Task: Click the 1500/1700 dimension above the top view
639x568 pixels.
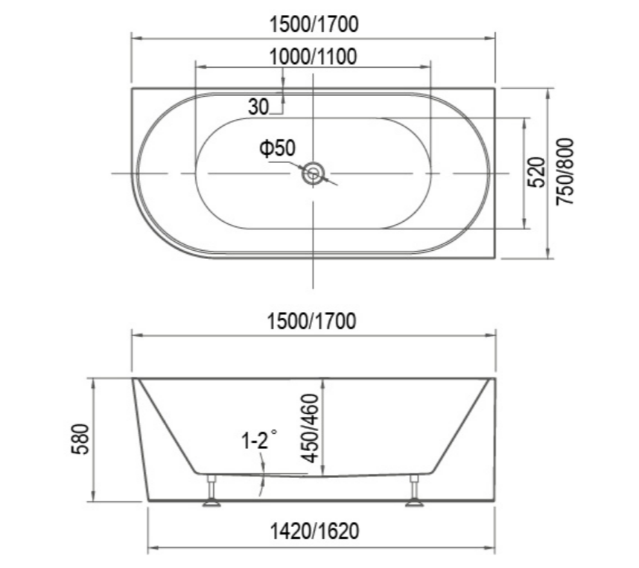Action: click(313, 24)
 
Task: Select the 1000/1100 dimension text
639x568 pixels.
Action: click(313, 56)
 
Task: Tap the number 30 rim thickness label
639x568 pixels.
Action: click(258, 106)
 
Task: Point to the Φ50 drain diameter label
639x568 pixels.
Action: click(276, 149)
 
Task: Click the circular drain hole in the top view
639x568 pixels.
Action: click(313, 174)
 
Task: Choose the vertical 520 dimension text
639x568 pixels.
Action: click(541, 173)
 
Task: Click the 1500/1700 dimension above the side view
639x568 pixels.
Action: click(313, 322)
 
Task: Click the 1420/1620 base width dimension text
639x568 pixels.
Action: click(321, 532)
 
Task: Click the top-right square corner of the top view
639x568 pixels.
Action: click(495, 89)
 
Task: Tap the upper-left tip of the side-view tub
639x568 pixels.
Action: click(134, 379)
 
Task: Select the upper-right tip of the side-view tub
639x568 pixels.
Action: click(495, 379)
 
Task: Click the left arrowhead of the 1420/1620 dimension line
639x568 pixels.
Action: click(152, 551)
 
